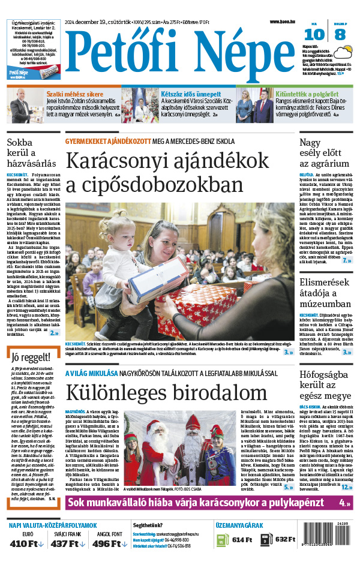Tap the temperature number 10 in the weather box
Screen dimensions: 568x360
(317, 35)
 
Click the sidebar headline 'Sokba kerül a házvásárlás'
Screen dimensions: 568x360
(31, 153)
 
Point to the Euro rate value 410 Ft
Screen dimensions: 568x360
(24, 543)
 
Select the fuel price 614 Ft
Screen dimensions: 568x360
(242, 539)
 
